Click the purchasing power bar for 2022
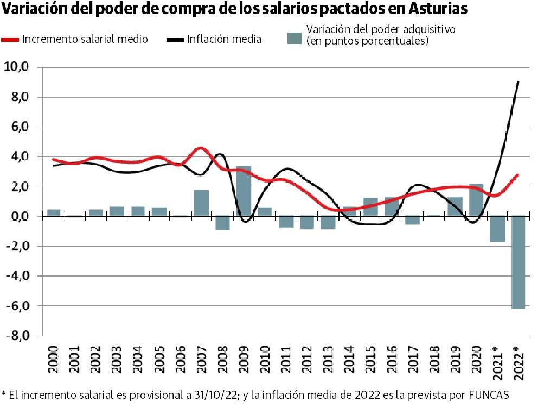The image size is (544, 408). (518, 262)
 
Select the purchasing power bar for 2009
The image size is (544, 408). (244, 191)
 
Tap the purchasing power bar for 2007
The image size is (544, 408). (201, 203)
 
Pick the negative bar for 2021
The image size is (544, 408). (497, 229)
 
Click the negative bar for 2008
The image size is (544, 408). (222, 223)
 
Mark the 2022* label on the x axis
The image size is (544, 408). (517, 360)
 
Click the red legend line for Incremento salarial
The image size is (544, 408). (10, 40)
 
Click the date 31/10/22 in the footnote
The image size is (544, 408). (217, 394)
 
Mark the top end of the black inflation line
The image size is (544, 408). (519, 82)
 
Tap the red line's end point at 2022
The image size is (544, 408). (518, 174)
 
